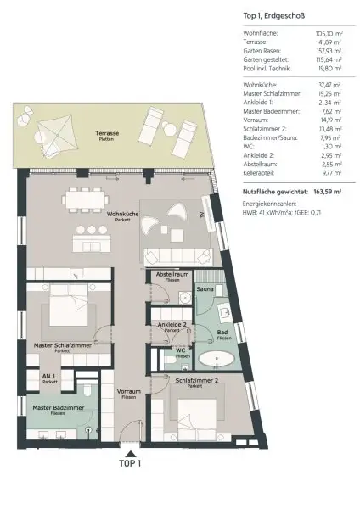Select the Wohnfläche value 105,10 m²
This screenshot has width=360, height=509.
click(x=327, y=33)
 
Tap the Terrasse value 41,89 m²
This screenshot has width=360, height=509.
click(x=329, y=42)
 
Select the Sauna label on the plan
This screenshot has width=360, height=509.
click(x=205, y=289)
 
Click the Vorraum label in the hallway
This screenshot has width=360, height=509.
click(x=127, y=392)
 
